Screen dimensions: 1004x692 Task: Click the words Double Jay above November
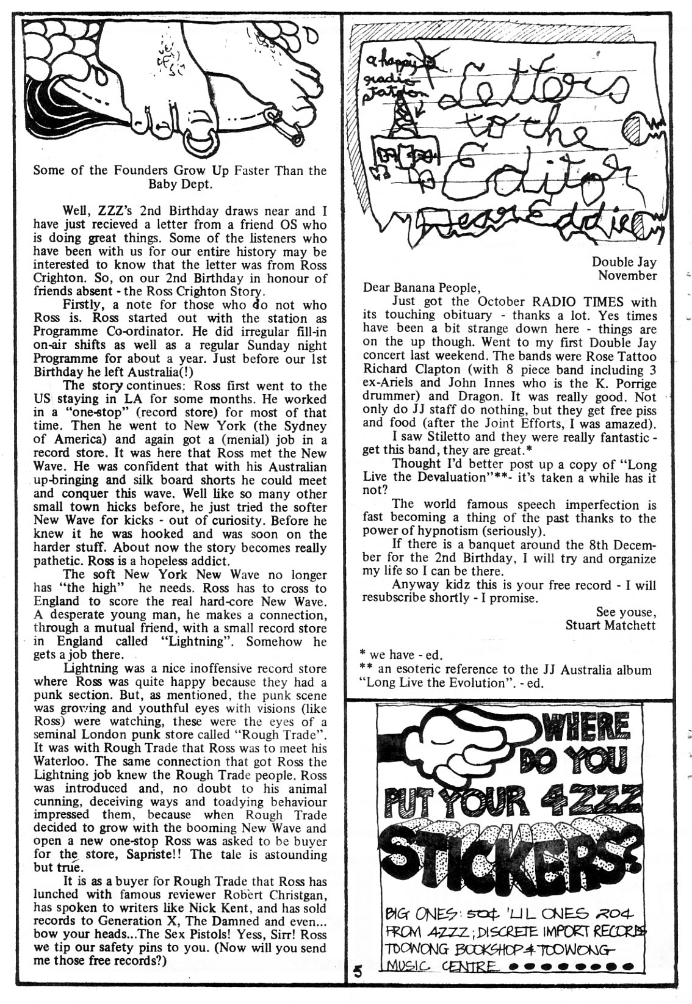click(x=624, y=262)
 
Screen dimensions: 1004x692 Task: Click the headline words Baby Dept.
click(x=179, y=183)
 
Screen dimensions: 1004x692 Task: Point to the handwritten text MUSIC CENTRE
click(x=439, y=966)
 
